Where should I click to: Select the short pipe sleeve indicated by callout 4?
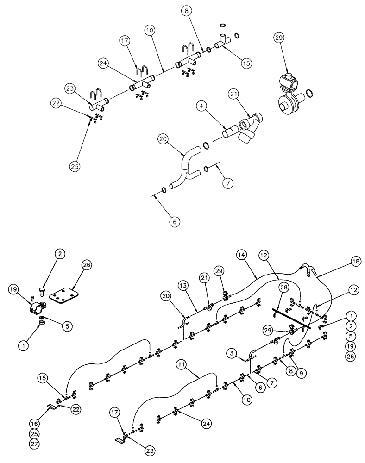(x=230, y=134)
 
